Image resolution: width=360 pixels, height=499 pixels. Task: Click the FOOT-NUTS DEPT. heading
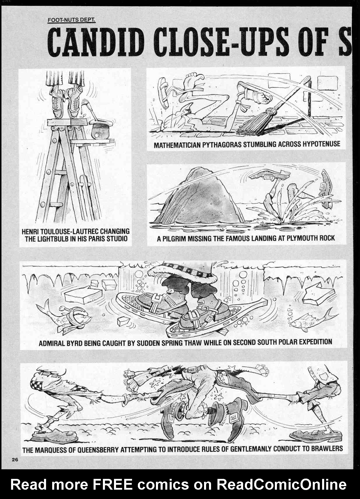[71, 20]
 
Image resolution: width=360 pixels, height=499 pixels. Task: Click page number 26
[15, 460]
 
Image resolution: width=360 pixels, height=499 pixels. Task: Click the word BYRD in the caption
[74, 343]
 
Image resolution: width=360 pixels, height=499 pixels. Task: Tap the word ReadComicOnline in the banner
[281, 484]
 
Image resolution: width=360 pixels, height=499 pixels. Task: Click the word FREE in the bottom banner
[112, 484]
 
